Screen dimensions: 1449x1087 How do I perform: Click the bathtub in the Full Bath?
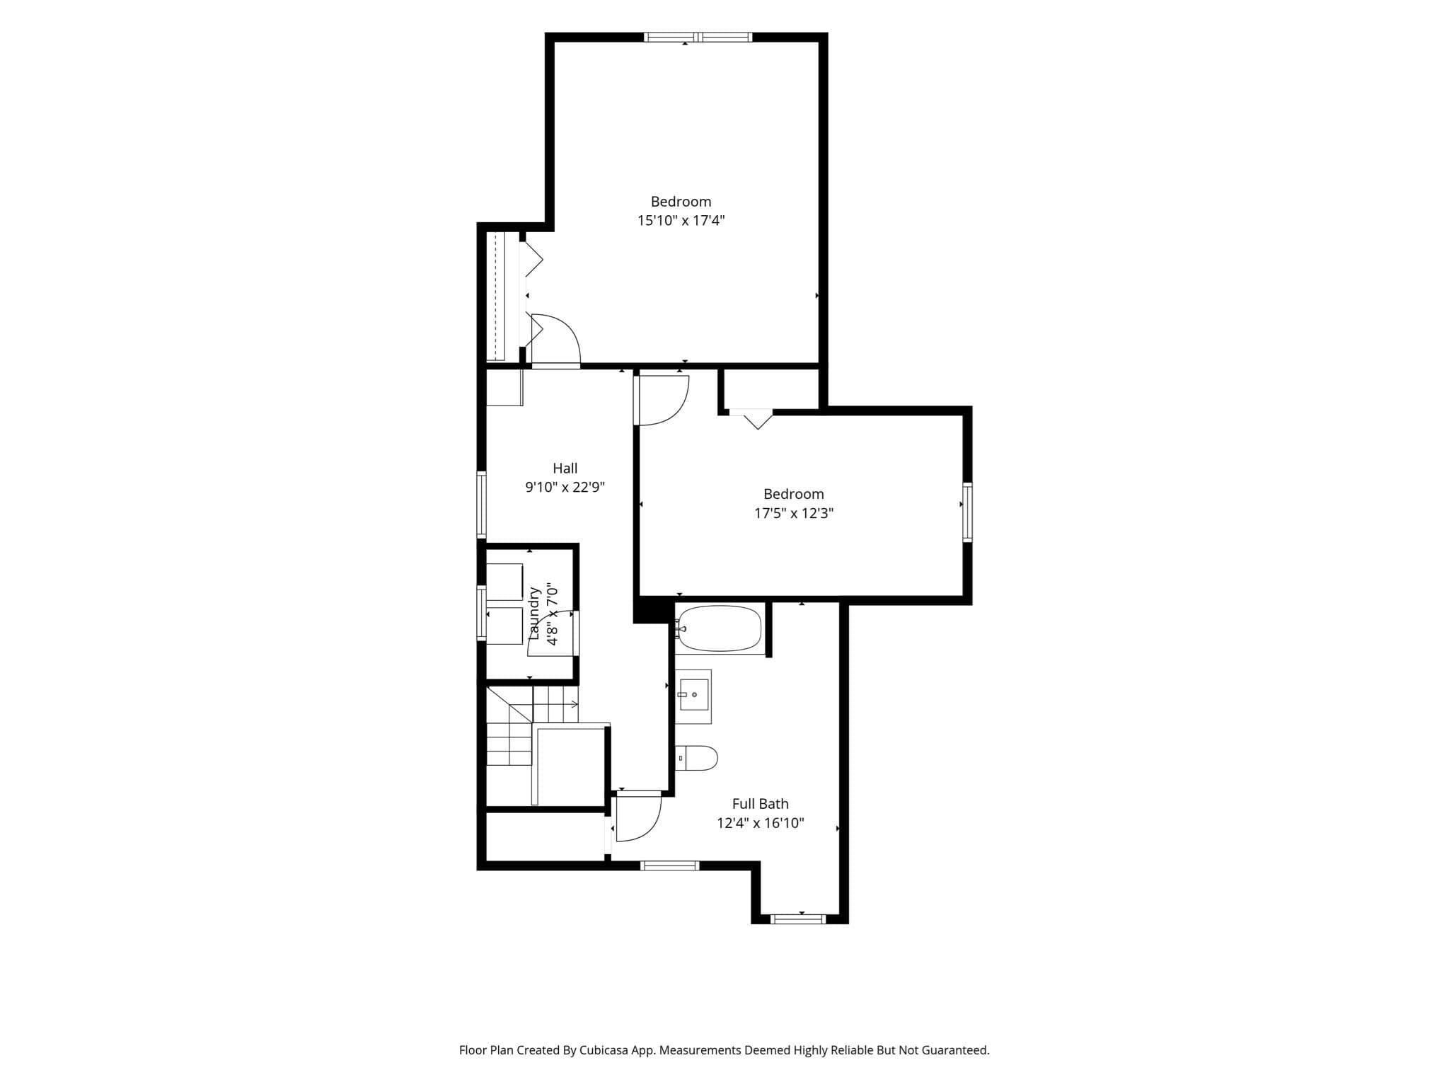tap(719, 628)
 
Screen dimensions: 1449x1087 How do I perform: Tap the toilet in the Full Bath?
tap(697, 758)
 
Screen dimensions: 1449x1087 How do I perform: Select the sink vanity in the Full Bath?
tap(693, 696)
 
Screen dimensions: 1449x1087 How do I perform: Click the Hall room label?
tap(565, 468)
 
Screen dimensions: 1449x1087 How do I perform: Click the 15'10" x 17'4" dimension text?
tap(681, 220)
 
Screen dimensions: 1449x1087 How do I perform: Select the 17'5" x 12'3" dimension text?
tap(794, 513)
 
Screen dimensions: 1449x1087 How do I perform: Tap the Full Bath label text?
tap(761, 804)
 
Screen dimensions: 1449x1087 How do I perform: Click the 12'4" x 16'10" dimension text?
tap(761, 823)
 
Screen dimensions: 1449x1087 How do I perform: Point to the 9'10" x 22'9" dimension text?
tap(565, 487)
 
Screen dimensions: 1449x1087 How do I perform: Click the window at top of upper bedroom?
tap(698, 37)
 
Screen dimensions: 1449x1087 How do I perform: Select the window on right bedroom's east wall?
tap(967, 512)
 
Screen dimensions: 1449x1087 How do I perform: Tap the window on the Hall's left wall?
tap(482, 505)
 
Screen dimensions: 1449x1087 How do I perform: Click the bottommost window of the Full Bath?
tap(798, 919)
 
